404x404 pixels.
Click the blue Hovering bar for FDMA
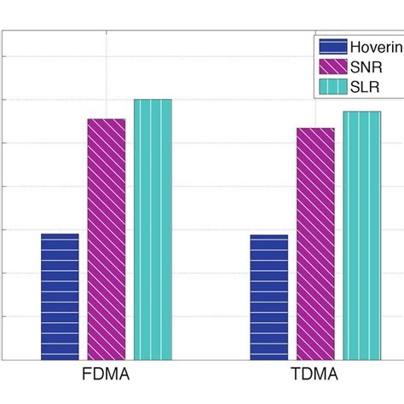point(60,297)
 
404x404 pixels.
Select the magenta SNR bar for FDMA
point(107,240)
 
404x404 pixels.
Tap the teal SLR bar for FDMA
point(153,229)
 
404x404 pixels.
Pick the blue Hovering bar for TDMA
point(268,297)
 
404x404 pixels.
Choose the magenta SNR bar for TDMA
point(315,244)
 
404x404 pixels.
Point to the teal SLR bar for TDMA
point(361,235)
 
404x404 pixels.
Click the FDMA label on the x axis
point(106,376)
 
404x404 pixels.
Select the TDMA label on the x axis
point(315,376)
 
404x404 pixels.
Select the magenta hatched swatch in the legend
point(332,66)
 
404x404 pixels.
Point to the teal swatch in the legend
point(332,86)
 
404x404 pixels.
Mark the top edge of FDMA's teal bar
point(153,100)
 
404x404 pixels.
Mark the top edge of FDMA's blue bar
point(60,234)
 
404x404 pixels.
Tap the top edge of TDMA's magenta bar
point(315,129)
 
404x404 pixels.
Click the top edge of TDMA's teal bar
point(361,112)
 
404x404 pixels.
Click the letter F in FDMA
point(87,376)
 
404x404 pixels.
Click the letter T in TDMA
point(296,376)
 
